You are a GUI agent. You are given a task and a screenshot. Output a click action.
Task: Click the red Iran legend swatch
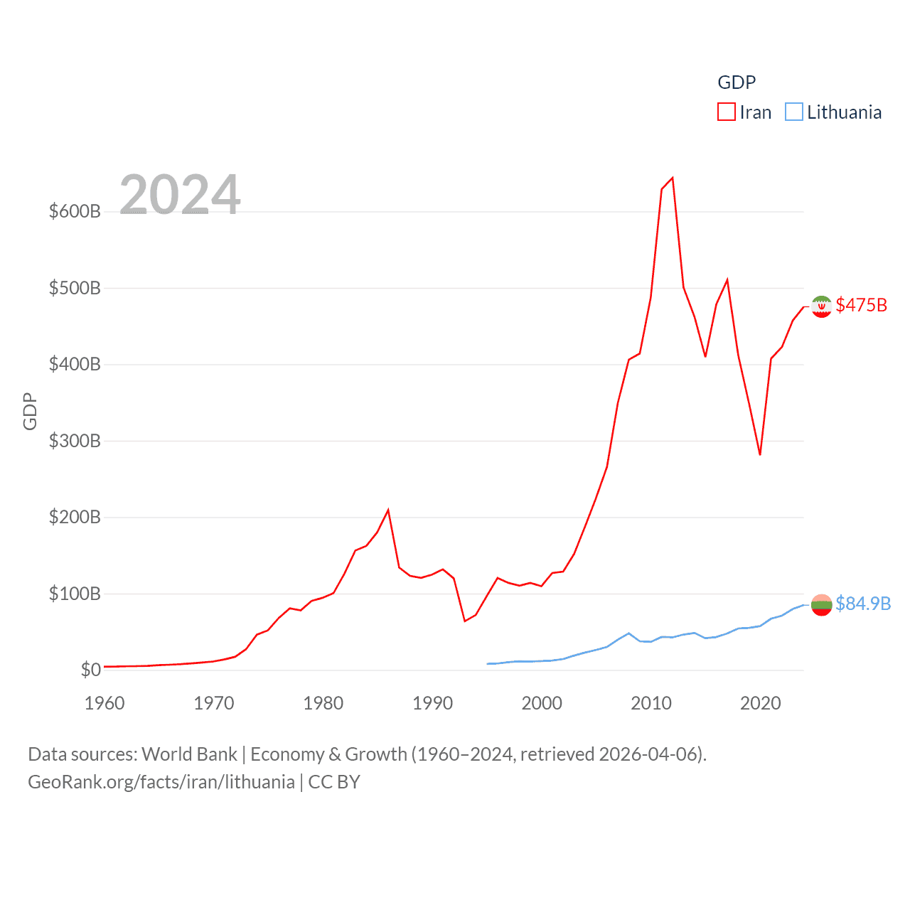tap(726, 112)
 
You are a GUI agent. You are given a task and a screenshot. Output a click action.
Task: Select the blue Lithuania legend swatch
tap(793, 112)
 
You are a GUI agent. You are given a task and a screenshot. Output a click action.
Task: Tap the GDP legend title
tap(737, 82)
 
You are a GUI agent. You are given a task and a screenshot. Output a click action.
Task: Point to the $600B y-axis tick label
tap(75, 211)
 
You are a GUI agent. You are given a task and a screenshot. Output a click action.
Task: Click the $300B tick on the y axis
tap(75, 441)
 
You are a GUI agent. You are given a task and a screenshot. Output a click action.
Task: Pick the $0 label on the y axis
tap(90, 670)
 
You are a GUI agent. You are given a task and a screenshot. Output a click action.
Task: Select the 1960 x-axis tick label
tap(105, 703)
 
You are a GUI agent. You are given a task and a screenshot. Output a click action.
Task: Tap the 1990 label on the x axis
tap(432, 703)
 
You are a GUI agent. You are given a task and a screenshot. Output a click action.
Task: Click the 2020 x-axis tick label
tap(760, 703)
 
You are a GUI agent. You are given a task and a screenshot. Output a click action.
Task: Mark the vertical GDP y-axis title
tap(30, 411)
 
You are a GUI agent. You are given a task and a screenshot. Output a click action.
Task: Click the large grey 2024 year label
tap(180, 194)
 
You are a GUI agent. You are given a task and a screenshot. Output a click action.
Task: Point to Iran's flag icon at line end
tap(821, 306)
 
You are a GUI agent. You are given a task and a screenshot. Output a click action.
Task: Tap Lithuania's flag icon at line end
tap(821, 605)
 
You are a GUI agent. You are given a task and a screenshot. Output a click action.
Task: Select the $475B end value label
tap(862, 305)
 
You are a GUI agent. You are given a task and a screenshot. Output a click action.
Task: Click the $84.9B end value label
tap(863, 604)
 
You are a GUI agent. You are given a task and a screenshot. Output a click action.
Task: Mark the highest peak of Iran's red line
tap(673, 178)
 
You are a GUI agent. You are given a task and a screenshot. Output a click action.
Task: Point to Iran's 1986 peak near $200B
tap(388, 510)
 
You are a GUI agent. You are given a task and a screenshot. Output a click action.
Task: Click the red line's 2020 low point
tap(760, 454)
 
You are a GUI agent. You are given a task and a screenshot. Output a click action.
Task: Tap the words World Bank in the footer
tap(189, 754)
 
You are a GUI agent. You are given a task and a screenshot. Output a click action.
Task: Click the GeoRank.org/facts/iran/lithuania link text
tap(161, 782)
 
